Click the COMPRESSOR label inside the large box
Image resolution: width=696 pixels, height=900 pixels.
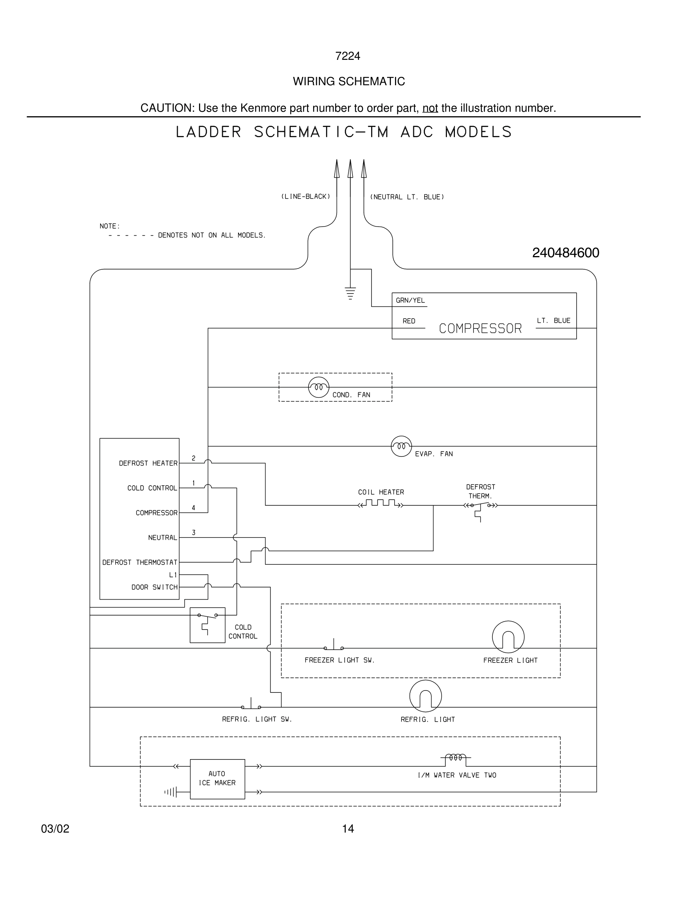pos(480,328)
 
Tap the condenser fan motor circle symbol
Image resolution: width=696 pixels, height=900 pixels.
pos(319,387)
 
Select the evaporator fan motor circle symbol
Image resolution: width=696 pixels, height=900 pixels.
pos(401,446)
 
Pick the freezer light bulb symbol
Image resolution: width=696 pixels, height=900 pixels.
pos(508,637)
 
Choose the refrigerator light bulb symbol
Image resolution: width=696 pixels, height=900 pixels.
pos(425,695)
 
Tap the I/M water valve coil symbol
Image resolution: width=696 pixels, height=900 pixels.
pos(455,758)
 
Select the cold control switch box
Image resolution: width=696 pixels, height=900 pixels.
pos(207,625)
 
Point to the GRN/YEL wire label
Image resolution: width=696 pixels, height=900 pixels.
pos(410,300)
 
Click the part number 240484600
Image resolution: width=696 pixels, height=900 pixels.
pos(565,253)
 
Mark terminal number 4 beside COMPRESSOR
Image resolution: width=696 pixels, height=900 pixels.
pos(193,508)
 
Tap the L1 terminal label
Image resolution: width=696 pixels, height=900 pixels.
pos(173,575)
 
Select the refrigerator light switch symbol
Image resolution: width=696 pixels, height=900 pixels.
pos(251,705)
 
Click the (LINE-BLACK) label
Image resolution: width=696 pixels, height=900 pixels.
pos(306,197)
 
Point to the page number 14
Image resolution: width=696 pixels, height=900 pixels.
pos(348,829)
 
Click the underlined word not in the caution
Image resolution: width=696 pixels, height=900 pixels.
pos(430,108)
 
